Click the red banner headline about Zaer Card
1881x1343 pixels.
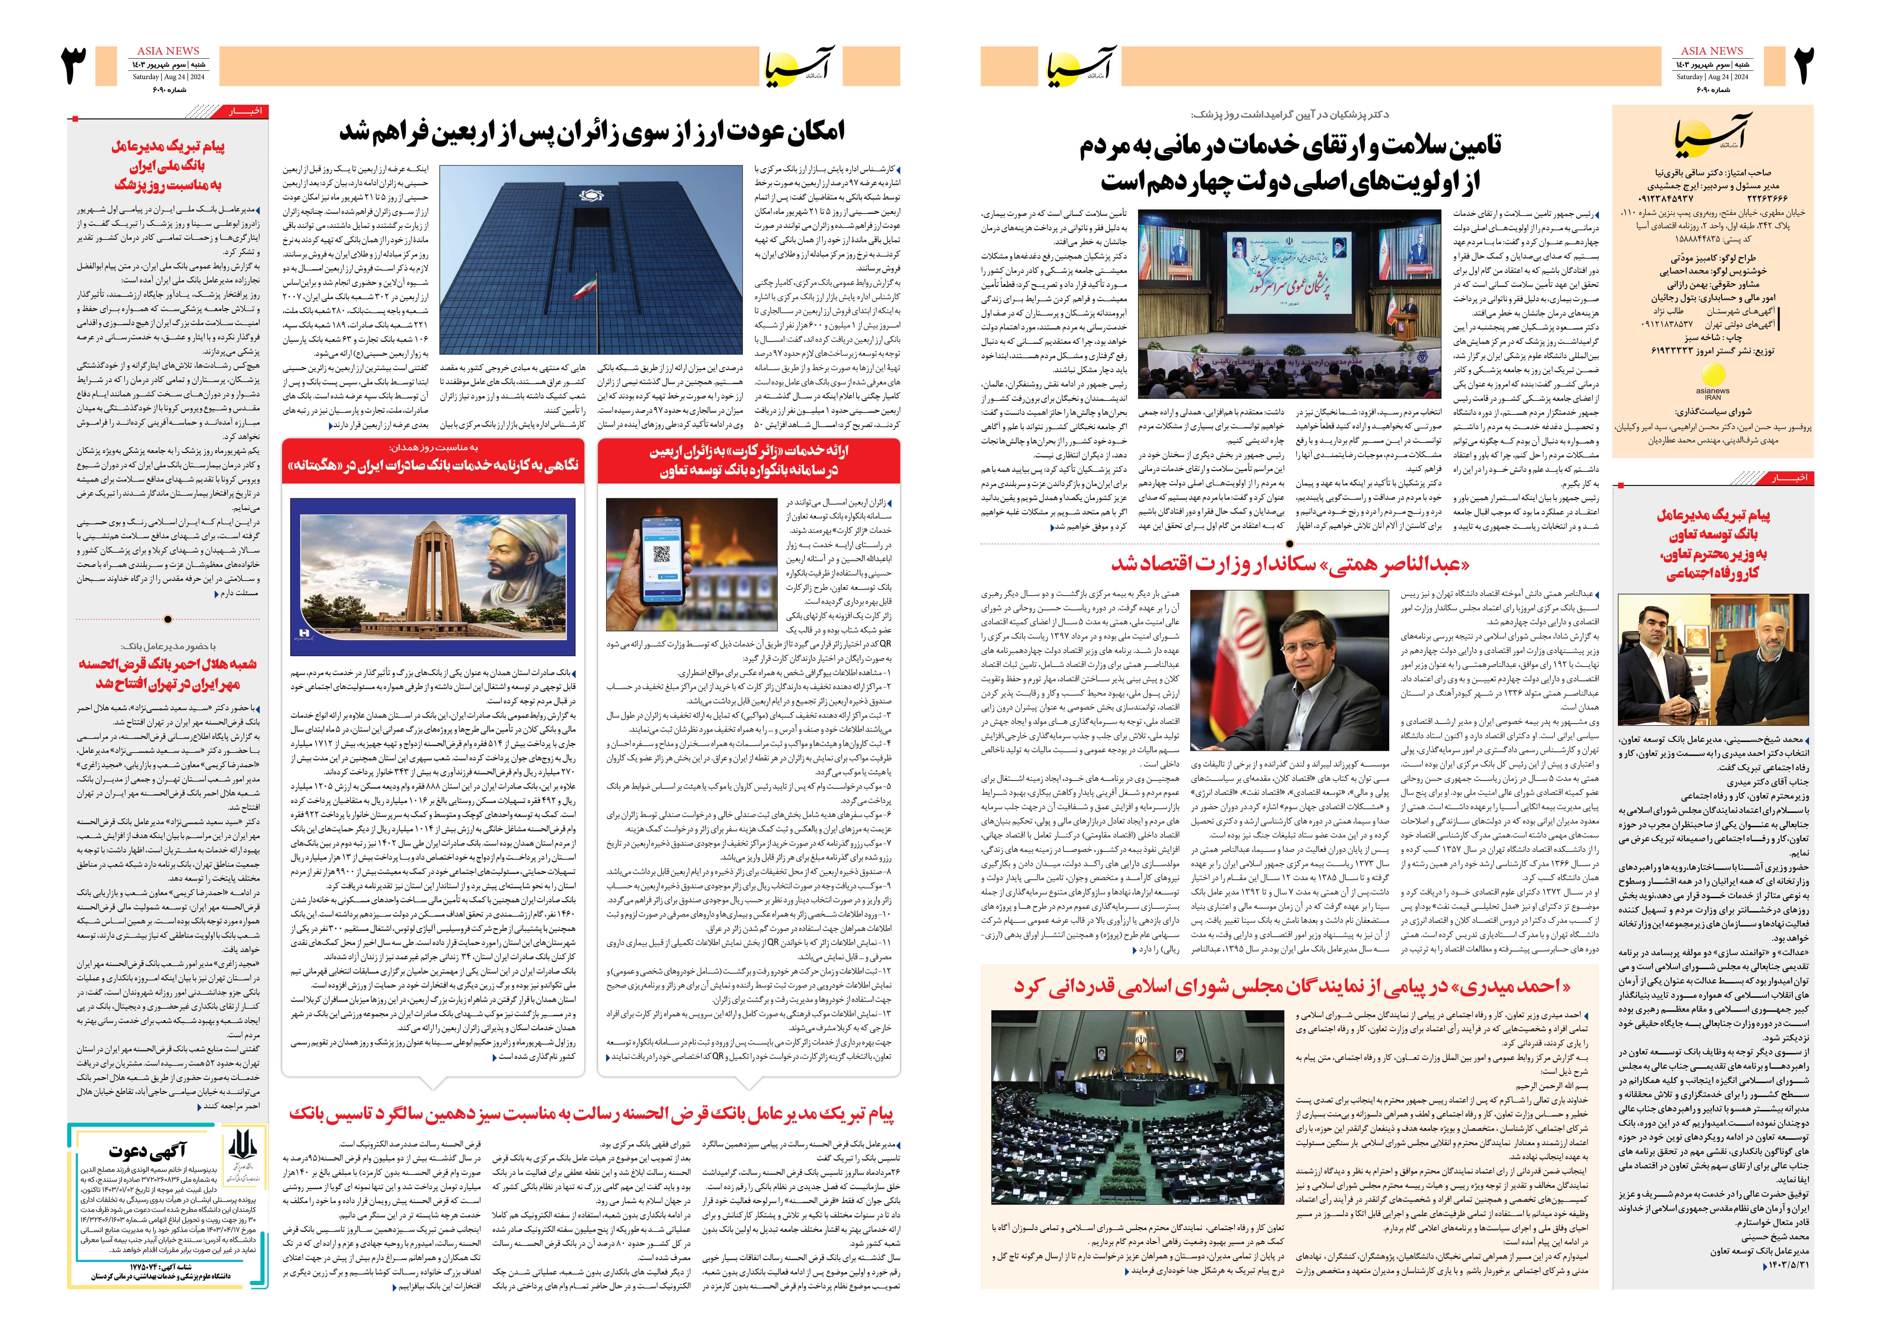pos(749,461)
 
